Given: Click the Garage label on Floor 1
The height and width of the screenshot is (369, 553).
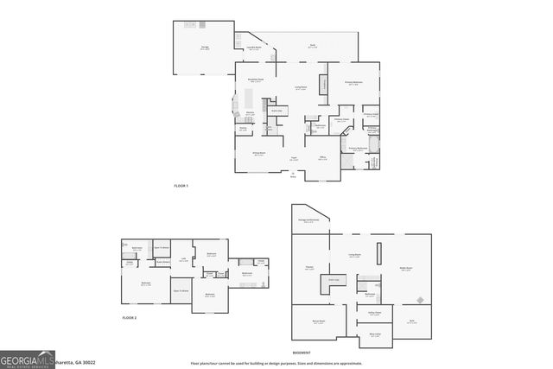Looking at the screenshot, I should click(x=205, y=48).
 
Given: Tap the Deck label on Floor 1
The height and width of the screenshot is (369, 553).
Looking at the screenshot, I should click(x=313, y=46).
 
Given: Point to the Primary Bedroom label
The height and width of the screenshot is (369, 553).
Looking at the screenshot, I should click(x=354, y=84).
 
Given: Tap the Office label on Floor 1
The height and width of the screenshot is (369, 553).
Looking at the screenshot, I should click(x=321, y=157).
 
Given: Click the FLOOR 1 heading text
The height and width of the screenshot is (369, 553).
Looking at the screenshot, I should click(x=181, y=186).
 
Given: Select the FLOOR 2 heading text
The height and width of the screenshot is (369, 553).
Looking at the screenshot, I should click(x=129, y=319).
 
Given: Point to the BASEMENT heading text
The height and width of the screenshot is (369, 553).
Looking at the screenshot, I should click(x=302, y=353).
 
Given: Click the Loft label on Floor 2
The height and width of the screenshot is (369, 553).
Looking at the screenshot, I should click(x=183, y=258).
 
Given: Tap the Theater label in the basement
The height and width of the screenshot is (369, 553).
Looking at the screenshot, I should click(x=309, y=268).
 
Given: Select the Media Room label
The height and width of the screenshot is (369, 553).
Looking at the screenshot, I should click(x=404, y=269).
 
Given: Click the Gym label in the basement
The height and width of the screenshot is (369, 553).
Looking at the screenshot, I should click(x=411, y=322).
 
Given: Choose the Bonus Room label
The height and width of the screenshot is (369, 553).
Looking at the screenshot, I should click(x=318, y=322).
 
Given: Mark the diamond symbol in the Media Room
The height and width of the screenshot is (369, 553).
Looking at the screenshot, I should click(x=420, y=301).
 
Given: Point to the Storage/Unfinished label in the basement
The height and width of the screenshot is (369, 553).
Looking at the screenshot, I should click(x=308, y=220).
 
